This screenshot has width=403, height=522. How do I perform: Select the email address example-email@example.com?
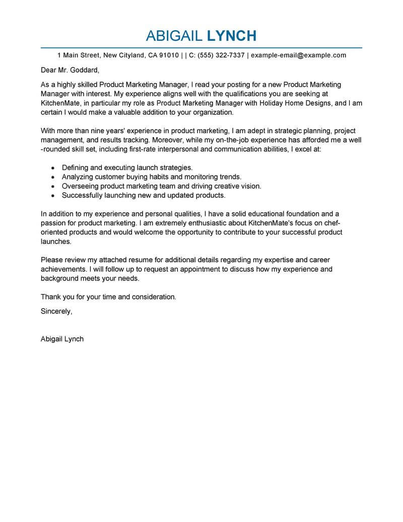tap(298, 55)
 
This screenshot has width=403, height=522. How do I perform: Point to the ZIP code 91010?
tap(169, 55)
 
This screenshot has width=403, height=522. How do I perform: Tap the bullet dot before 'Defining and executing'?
tap(53, 167)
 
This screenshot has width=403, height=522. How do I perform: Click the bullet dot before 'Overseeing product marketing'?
tap(53, 186)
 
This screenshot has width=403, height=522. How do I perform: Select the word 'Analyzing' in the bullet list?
tap(78, 177)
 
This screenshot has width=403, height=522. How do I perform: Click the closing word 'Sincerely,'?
tap(56, 311)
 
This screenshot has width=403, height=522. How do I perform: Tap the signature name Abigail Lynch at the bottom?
tap(62, 339)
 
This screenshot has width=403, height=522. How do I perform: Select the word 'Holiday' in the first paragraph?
tap(265, 103)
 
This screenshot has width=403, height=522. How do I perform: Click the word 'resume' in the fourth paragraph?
tap(133, 260)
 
